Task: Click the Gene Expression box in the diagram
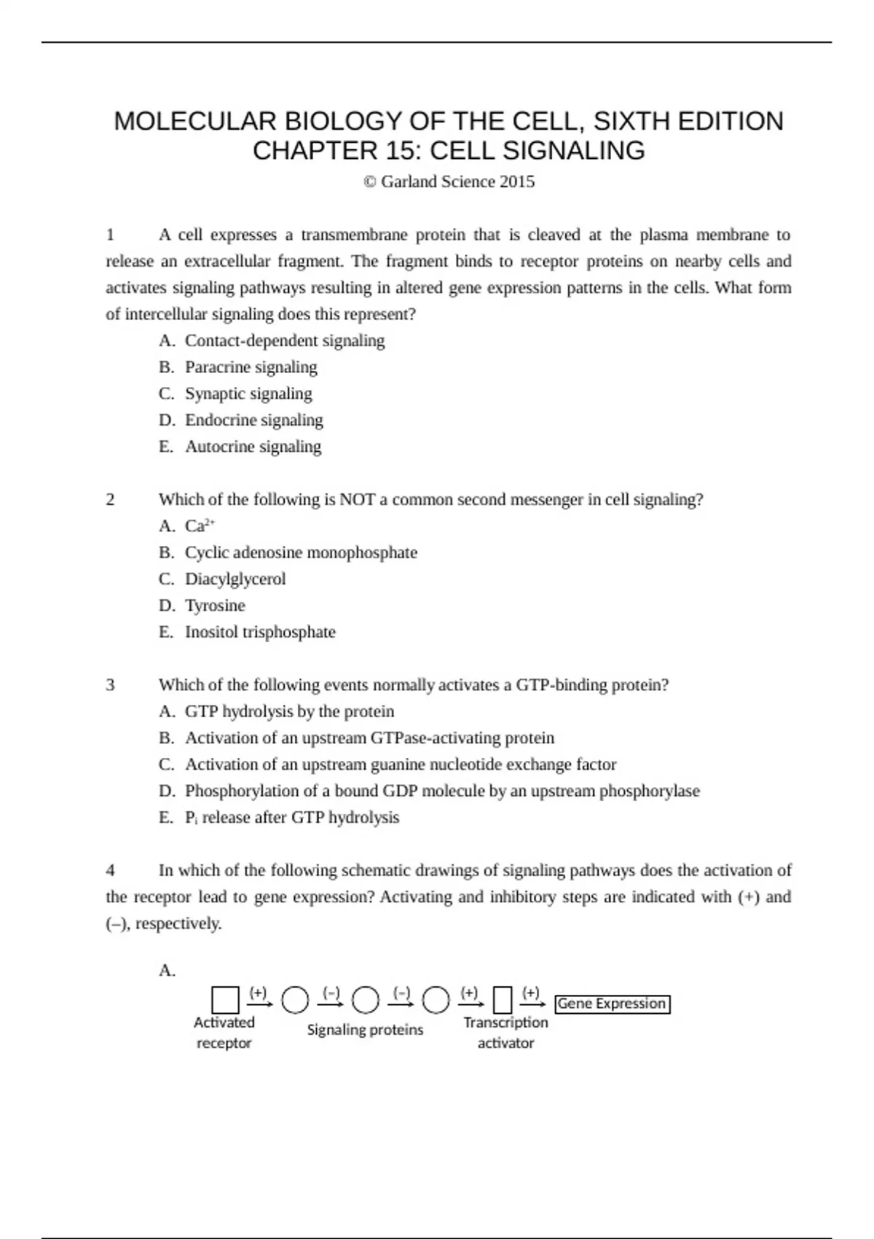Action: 612,1004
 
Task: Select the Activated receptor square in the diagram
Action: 225,1000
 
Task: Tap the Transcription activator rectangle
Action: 503,1000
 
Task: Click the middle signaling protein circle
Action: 366,1000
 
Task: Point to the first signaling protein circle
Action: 295,1000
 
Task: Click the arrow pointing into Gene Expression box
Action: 532,1005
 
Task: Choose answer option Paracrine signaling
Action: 251,367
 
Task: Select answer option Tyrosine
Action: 215,606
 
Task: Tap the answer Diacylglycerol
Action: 235,579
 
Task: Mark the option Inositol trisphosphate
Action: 260,632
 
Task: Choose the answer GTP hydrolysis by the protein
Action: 289,711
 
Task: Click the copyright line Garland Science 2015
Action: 449,181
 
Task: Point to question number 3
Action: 111,685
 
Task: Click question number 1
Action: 111,235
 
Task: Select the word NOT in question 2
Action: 357,500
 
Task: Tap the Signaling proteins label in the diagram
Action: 365,1030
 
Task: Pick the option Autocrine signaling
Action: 253,447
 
